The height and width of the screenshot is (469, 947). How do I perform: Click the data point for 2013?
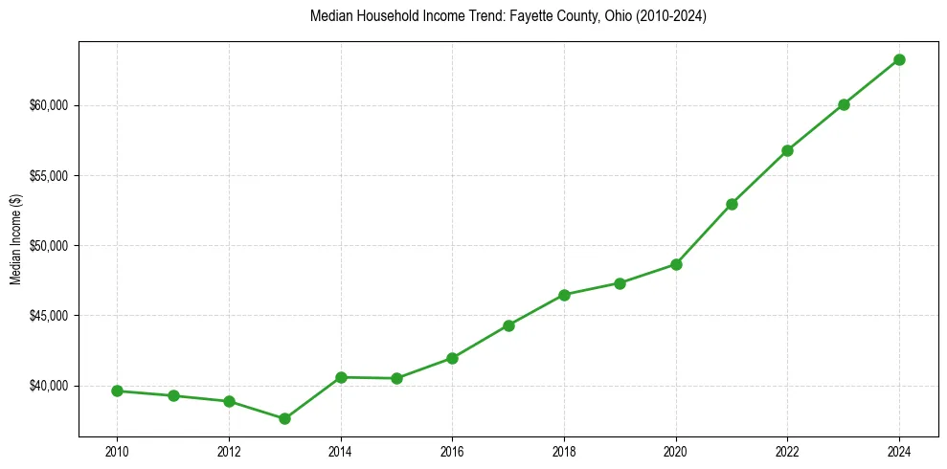click(284, 418)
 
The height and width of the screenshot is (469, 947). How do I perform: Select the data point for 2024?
click(899, 59)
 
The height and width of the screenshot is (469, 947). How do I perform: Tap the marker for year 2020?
click(676, 264)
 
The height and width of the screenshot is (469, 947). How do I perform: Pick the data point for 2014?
click(341, 377)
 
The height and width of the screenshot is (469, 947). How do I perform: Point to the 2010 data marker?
click(117, 391)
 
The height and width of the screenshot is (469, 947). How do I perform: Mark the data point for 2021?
click(732, 204)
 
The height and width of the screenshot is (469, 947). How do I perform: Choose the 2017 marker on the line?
click(508, 325)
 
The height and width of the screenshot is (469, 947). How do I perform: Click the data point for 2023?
click(844, 104)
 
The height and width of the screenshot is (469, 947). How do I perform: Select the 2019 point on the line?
click(620, 283)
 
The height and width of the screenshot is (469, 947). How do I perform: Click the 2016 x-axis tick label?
click(452, 451)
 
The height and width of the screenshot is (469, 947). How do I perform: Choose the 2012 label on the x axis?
click(229, 451)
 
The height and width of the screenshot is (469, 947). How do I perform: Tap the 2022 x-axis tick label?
click(787, 451)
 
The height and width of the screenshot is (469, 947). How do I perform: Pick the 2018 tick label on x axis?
click(564, 451)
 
